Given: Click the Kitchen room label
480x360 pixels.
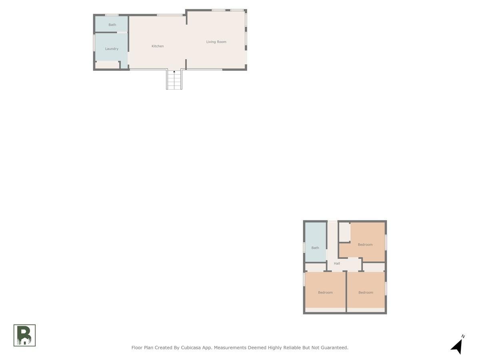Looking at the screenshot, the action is click(158, 46).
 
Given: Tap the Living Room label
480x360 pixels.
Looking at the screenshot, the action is click(216, 42).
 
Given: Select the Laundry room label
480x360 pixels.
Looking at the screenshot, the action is click(112, 49).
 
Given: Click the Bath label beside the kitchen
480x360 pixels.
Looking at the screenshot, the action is click(112, 25).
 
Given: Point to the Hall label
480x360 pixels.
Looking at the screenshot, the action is click(336, 263).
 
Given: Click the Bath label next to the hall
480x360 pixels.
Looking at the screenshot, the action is click(315, 248).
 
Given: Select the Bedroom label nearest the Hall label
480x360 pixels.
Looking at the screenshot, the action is click(365, 244).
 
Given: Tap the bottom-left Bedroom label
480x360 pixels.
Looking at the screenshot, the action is click(325, 292).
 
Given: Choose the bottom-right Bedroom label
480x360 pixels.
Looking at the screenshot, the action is click(366, 292).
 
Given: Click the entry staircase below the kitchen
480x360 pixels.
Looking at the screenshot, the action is click(174, 80).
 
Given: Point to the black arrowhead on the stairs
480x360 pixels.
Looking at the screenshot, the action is click(174, 72).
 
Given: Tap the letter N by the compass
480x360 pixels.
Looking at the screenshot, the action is click(463, 336).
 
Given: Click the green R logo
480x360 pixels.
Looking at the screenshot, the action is click(24, 335).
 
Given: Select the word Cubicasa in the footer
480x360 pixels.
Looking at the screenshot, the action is click(190, 348).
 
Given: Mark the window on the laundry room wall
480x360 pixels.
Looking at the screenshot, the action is click(94, 42).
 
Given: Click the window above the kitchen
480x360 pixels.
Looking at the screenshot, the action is click(170, 15).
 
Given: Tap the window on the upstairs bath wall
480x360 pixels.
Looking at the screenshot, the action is click(304, 247).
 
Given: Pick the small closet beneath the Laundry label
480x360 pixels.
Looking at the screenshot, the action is click(107, 65).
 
